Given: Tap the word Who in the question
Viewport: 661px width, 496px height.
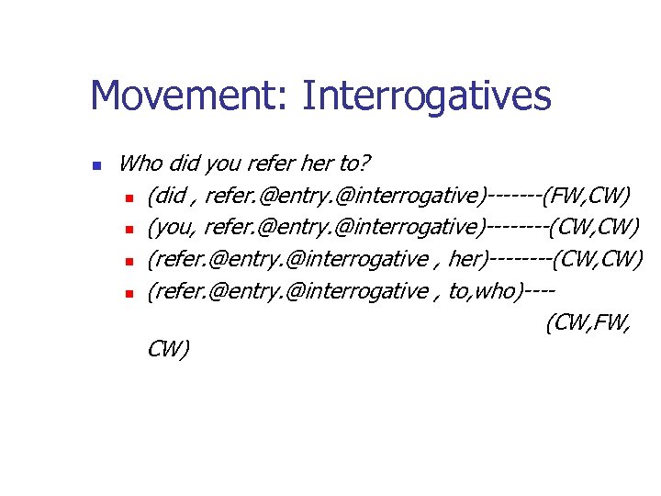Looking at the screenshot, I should click(x=140, y=164).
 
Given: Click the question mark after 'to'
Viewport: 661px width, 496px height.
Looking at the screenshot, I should click(x=365, y=164).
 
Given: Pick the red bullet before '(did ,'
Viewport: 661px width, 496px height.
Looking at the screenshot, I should click(x=131, y=197).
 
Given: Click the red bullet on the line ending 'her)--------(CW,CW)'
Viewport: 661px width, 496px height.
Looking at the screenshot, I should click(x=131, y=262).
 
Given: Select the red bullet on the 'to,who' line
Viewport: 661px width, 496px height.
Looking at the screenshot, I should click(x=131, y=294).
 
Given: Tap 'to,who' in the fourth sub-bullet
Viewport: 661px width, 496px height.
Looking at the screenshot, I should click(x=483, y=292).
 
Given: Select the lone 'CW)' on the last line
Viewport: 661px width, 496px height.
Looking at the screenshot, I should click(x=168, y=349).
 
